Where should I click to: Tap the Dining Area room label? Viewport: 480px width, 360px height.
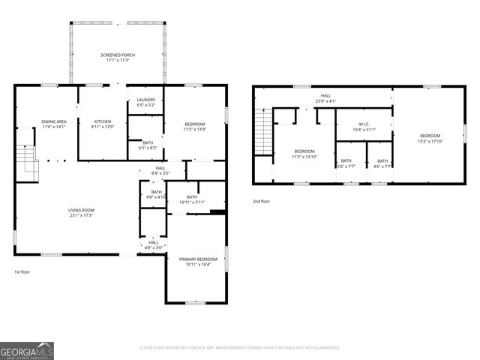click(x=54, y=124)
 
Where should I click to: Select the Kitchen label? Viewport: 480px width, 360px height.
click(x=102, y=124)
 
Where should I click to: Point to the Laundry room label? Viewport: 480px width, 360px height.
click(x=145, y=102)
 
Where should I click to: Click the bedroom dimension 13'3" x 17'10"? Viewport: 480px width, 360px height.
click(x=430, y=138)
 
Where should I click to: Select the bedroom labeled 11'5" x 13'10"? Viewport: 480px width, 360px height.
click(x=304, y=154)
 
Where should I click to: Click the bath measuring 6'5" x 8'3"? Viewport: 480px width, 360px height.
click(x=147, y=145)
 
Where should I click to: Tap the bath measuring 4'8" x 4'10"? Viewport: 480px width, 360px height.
click(x=156, y=193)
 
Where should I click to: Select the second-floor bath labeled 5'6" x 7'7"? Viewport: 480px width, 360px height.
click(x=346, y=163)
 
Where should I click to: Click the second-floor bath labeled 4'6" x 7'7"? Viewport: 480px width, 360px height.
click(x=382, y=163)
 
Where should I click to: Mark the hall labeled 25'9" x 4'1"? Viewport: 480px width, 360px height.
click(x=325, y=98)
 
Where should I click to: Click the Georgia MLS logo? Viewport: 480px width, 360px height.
click(x=27, y=350)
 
